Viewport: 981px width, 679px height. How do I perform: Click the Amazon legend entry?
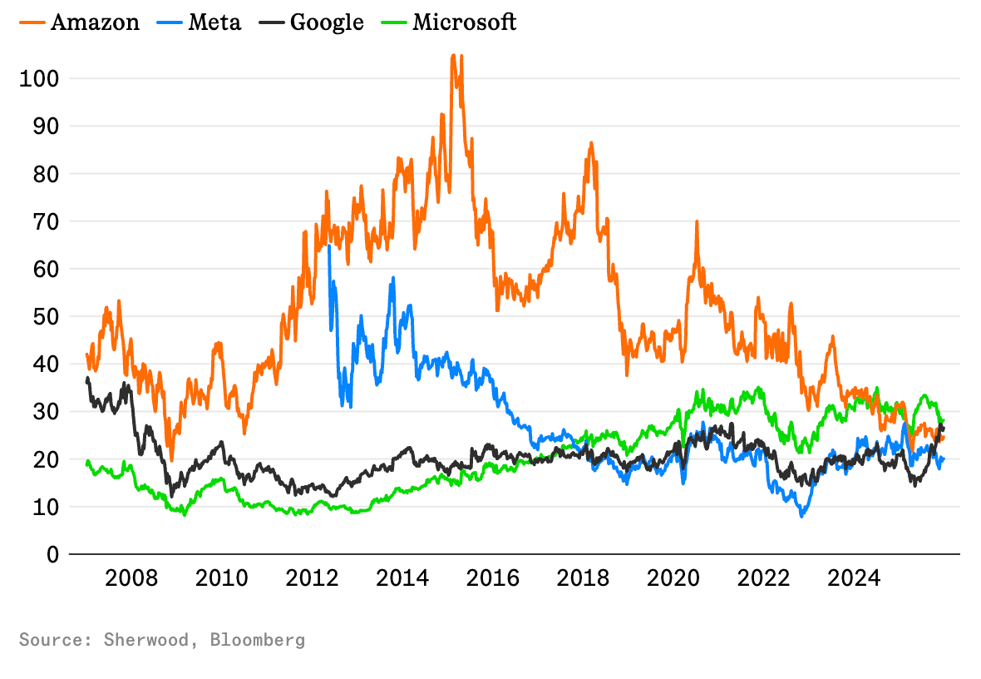click(80, 22)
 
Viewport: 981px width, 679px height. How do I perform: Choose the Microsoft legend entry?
click(454, 22)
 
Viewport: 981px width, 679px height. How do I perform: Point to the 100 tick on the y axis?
click(39, 79)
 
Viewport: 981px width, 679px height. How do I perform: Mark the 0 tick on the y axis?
click(52, 554)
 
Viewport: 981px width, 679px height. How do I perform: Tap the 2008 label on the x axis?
click(131, 578)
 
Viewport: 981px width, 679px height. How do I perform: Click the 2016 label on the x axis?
click(494, 578)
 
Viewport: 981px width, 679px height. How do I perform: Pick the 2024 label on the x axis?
click(855, 578)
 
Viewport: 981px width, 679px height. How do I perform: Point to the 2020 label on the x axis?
click(674, 578)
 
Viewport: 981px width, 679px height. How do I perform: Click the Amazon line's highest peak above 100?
click(453, 56)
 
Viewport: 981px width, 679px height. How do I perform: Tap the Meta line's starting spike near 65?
click(329, 246)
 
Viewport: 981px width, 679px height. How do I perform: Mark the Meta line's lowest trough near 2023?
click(802, 516)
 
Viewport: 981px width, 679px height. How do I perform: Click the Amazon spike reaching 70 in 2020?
click(697, 222)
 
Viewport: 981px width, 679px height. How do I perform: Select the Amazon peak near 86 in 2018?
click(591, 143)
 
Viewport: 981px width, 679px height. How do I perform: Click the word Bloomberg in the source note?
click(258, 640)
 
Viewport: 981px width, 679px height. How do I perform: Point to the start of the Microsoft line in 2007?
click(88, 462)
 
